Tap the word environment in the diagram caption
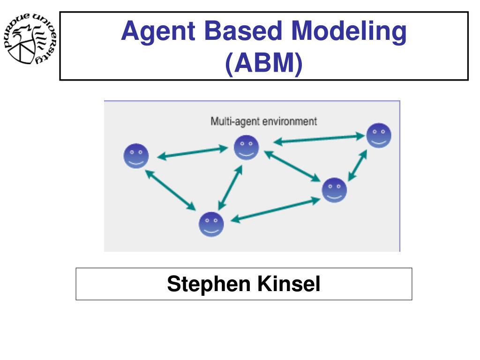pos(289,121)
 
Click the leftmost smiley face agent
pos(136,156)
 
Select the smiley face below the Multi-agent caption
pos(247,148)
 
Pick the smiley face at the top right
pos(378,135)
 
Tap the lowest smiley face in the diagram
pos(211,225)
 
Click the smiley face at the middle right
pos(334,190)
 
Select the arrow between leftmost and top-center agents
pos(192,153)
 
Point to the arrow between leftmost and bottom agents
pos(170,190)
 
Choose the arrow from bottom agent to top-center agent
pos(230,187)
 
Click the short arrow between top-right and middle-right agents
pos(358,165)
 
